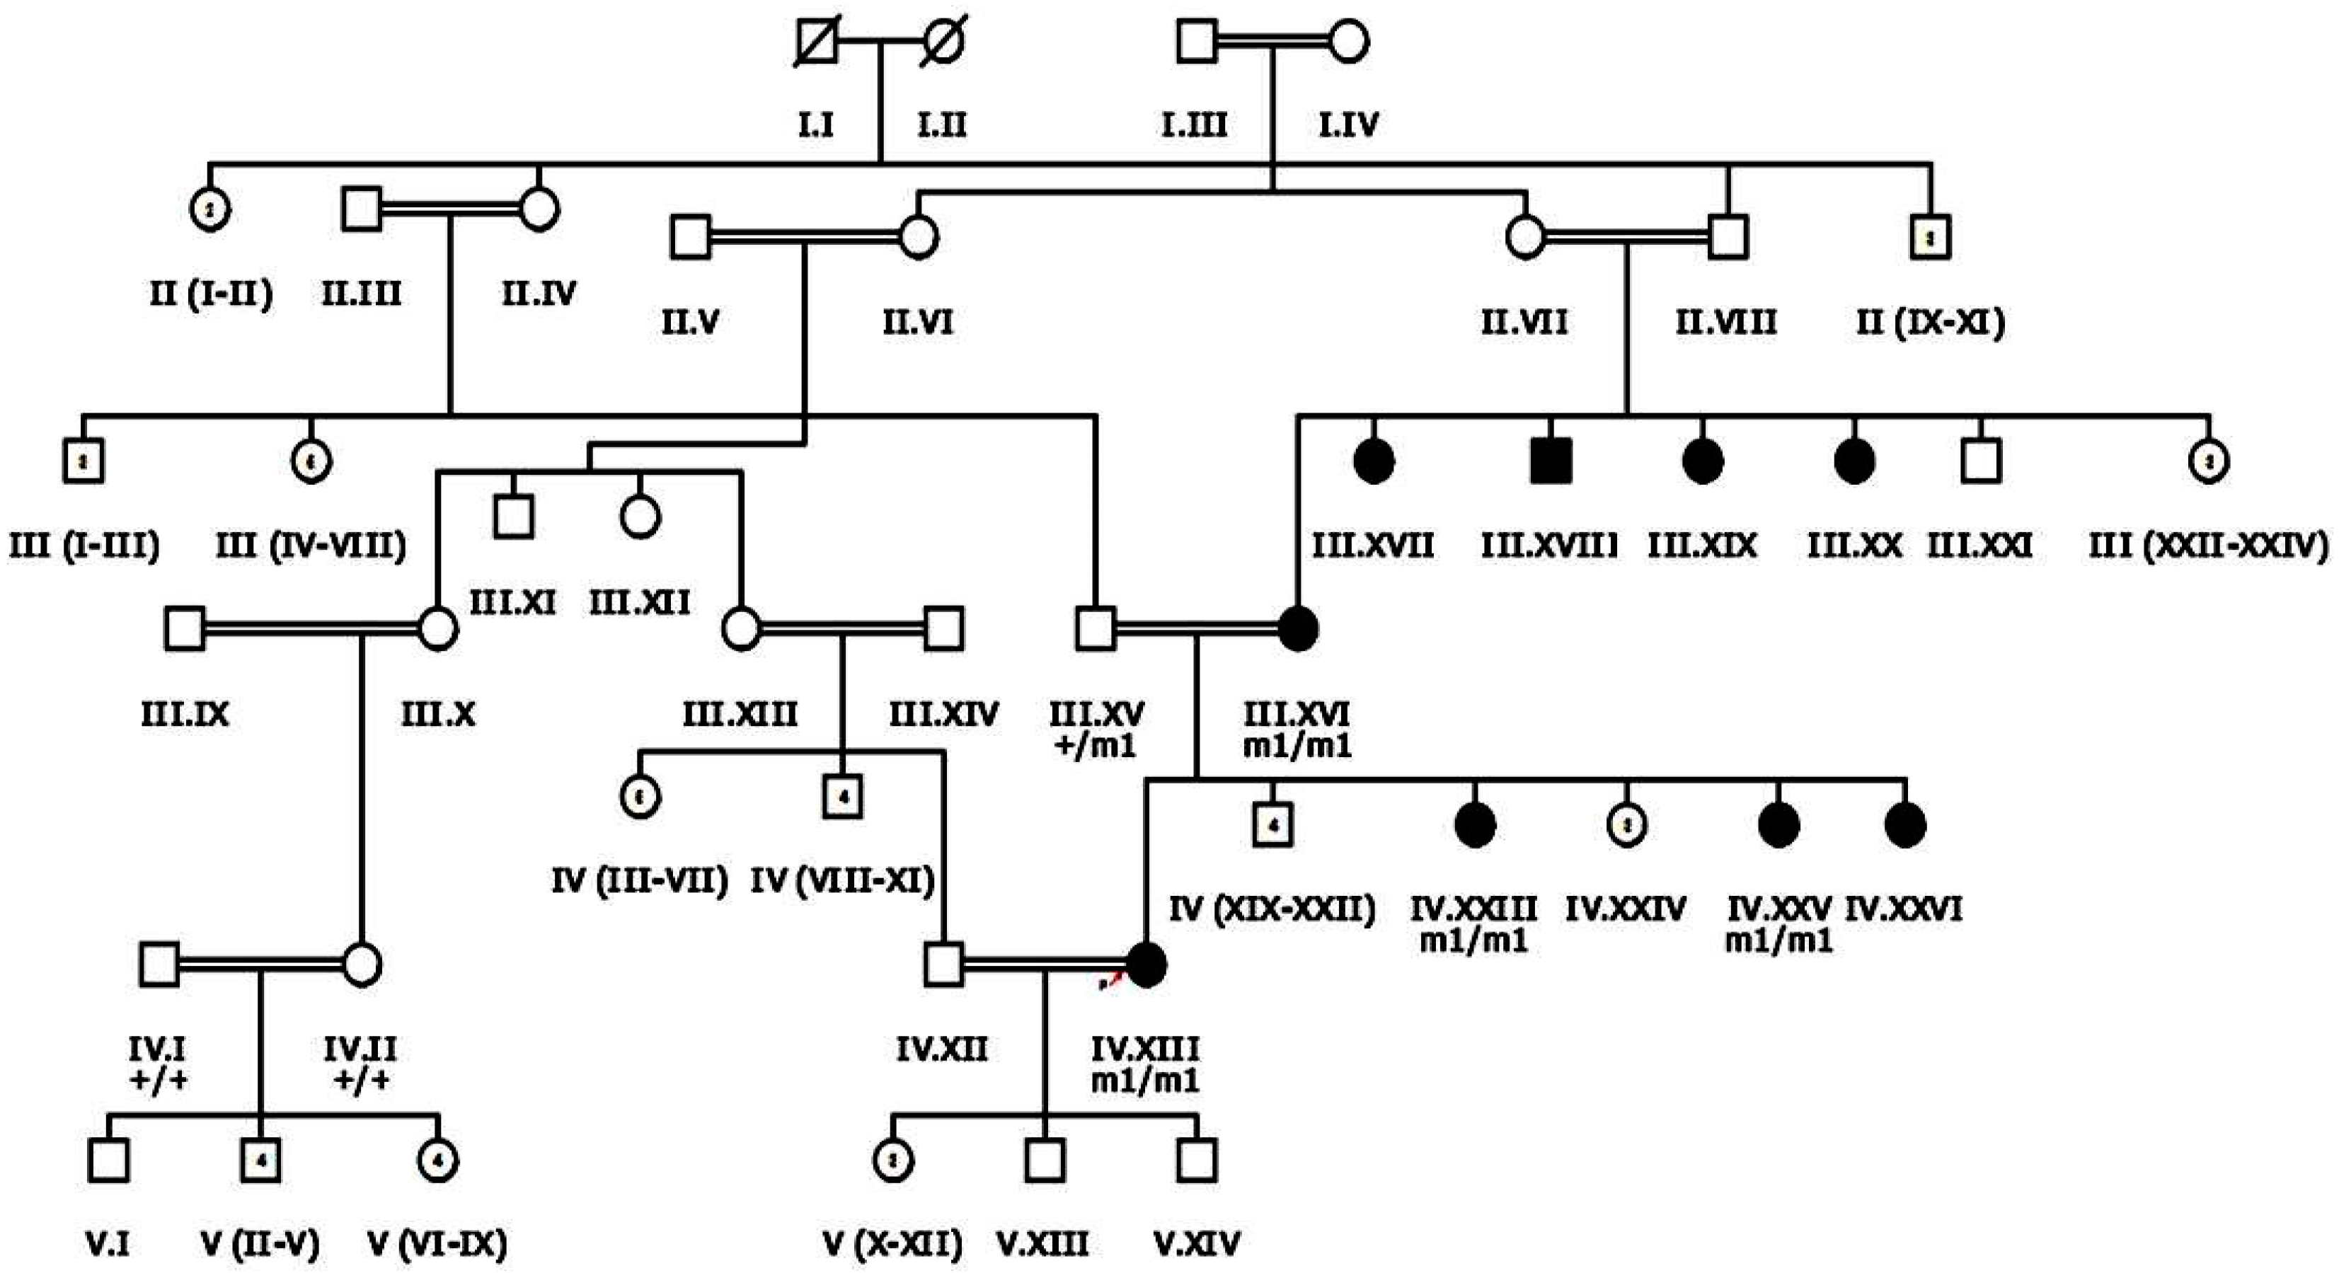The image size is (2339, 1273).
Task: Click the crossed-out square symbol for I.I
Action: point(816,42)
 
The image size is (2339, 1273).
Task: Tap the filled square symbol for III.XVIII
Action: point(1550,461)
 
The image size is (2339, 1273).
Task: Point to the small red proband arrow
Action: point(1110,981)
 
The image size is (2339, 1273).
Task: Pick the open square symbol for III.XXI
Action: point(1980,461)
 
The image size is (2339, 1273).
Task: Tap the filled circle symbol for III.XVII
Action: point(1374,461)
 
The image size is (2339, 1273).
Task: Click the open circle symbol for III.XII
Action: point(640,517)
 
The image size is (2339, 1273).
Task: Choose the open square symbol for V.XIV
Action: point(1196,1160)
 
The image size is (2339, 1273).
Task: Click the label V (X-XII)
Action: point(892,1243)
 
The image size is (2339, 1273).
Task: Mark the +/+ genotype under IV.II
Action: point(362,1081)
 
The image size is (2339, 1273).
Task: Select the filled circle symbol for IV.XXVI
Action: point(1905,824)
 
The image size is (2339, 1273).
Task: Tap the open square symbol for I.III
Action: point(1197,42)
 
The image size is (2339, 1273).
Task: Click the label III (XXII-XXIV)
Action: point(2208,546)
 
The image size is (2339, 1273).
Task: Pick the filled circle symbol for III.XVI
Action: point(1297,628)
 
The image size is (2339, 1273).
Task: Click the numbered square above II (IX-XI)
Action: point(1931,238)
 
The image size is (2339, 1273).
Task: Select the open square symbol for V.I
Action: point(108,1160)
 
